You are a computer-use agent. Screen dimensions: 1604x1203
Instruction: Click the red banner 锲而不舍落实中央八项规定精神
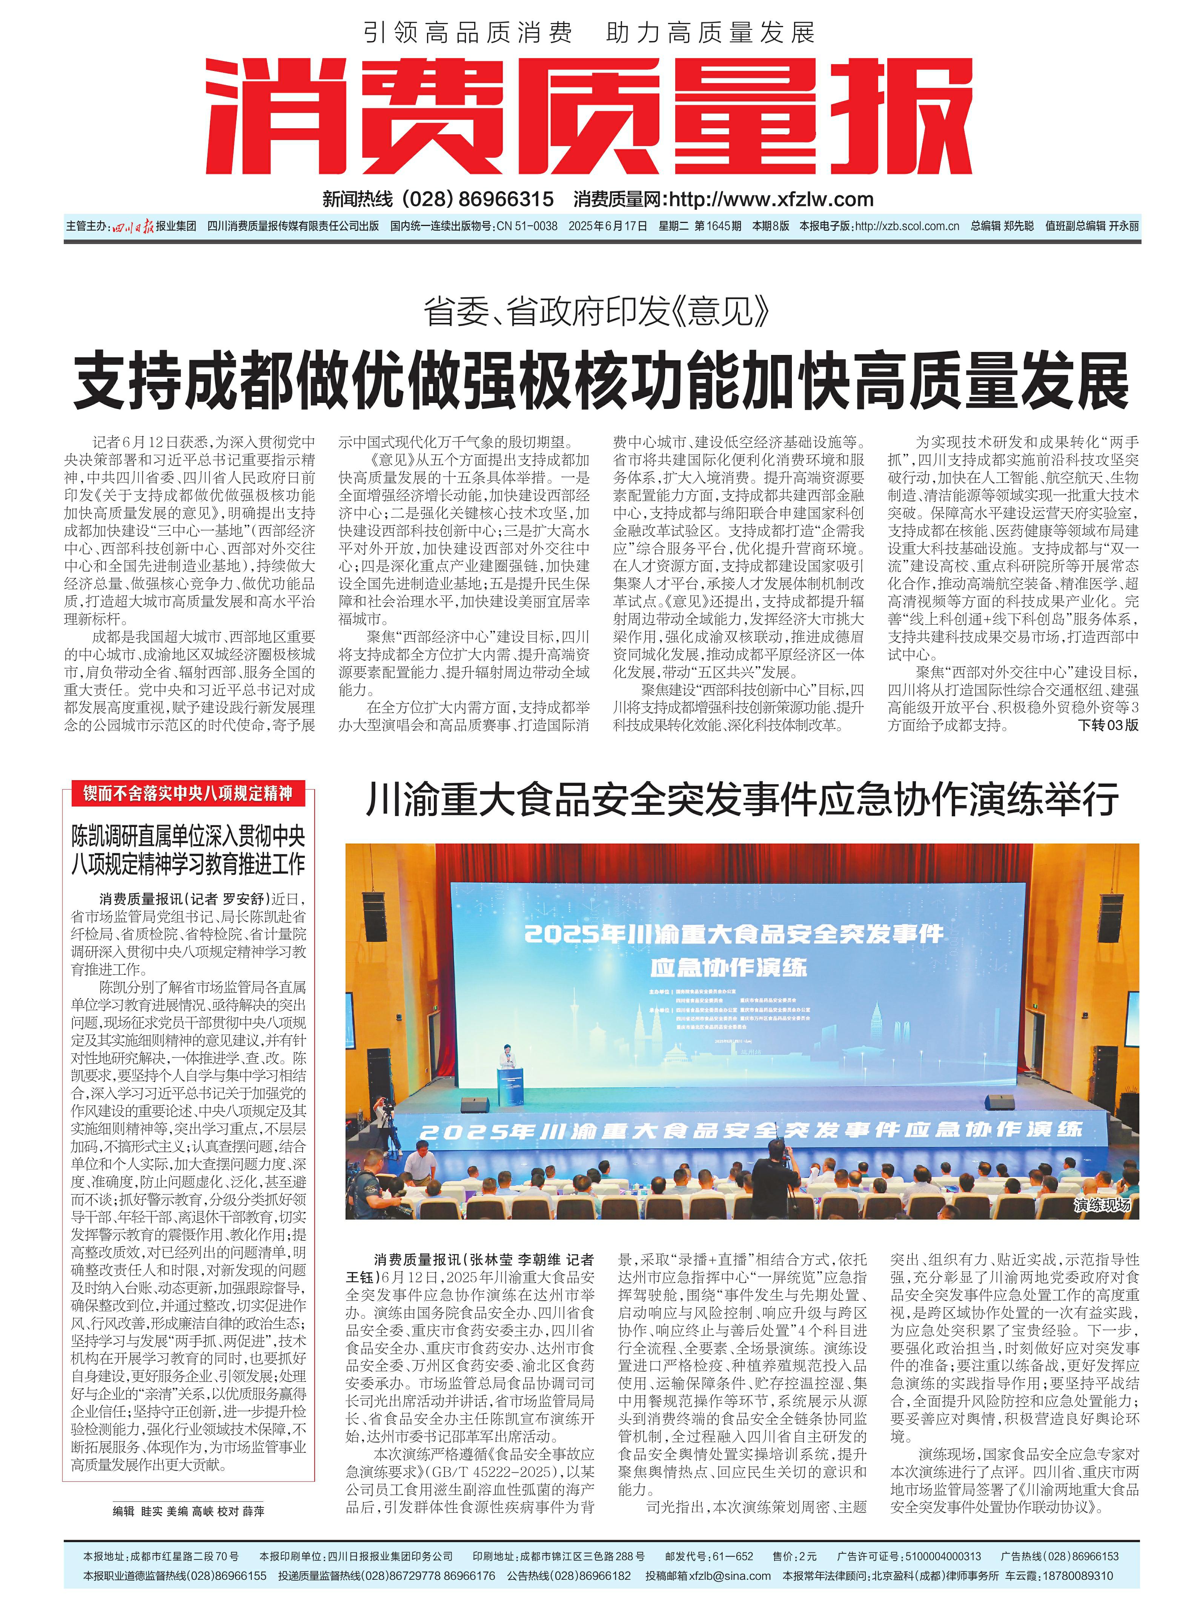pos(188,793)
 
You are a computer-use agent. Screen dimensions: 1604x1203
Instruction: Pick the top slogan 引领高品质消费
pos(468,33)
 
